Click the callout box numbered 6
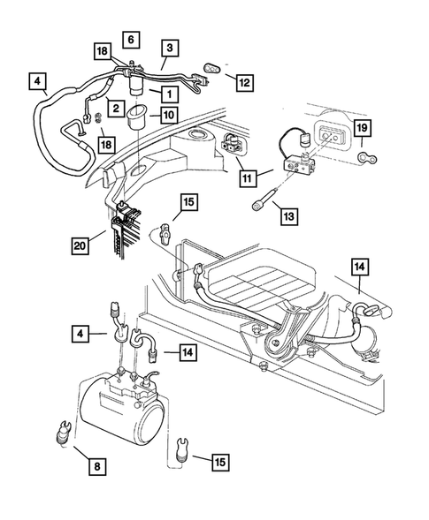pos(130,40)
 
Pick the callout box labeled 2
pos(115,108)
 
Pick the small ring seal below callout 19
pos(367,158)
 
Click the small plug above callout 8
pos(65,433)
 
